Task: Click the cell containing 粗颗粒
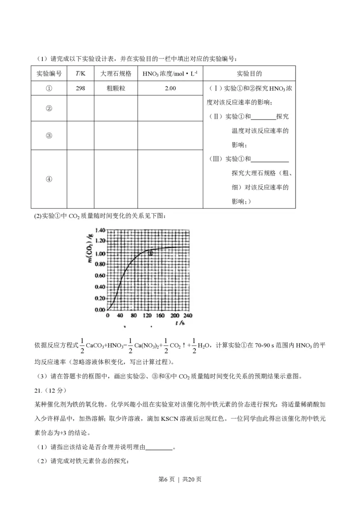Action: click(116, 89)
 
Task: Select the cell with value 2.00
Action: click(170, 89)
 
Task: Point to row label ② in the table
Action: click(49, 108)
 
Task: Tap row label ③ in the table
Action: click(49, 136)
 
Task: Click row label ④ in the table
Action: click(49, 179)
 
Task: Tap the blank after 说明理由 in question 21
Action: click(159, 447)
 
